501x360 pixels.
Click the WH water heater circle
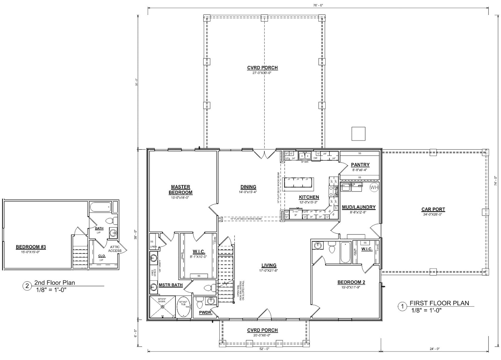374,188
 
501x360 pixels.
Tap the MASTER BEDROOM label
180,189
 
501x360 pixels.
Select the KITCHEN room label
309,197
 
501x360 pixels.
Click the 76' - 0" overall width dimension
318,5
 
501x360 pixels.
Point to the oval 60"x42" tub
184,307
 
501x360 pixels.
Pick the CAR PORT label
433,209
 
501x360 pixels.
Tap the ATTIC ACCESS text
115,249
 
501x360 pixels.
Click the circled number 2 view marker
27,286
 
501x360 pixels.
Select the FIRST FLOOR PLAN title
439,303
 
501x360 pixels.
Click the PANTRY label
360,165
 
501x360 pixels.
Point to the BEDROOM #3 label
31,247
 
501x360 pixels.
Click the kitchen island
298,184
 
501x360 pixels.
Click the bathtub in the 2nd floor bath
100,208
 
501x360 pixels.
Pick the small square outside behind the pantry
358,134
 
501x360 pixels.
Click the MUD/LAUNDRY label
359,207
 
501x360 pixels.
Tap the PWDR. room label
205,313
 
